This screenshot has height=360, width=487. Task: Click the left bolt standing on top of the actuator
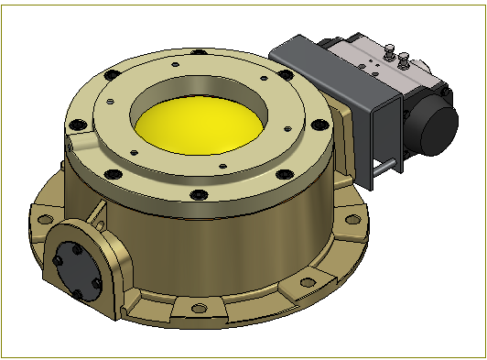pyautogui.click(x=389, y=54)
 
